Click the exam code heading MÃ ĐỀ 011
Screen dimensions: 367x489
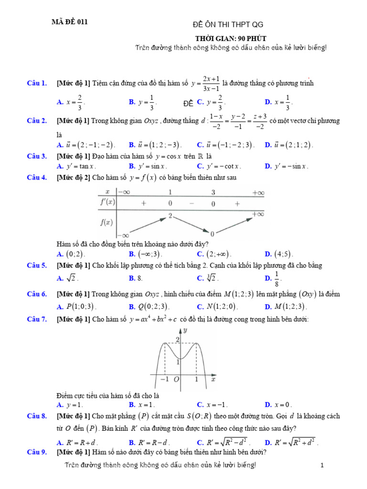70,21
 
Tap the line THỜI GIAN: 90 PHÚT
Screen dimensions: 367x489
230,38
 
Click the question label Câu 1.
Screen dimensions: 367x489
36,84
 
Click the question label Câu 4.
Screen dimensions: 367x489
36,178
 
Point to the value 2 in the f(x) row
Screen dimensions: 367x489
170,216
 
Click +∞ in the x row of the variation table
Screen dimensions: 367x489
258,192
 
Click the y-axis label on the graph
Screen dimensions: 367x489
185,330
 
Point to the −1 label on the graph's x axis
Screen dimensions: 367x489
164,379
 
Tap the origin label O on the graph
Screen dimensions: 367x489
176,380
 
